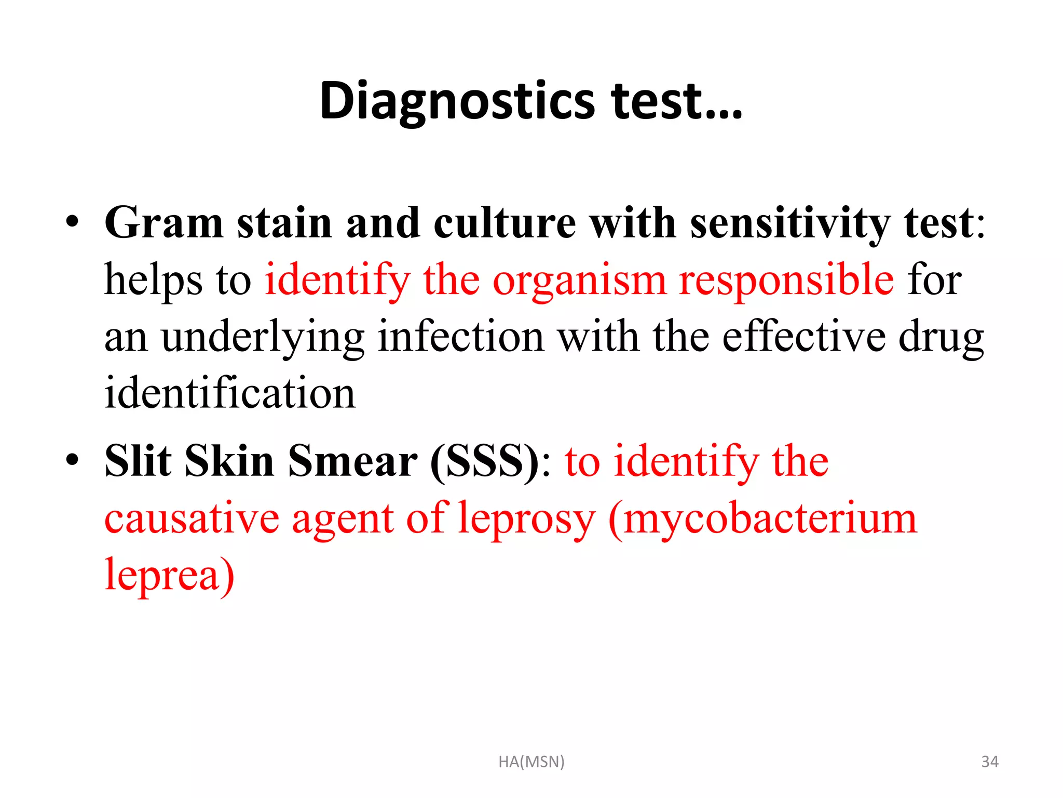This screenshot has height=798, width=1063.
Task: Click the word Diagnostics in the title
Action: point(457,101)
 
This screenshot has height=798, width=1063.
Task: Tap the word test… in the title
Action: point(677,101)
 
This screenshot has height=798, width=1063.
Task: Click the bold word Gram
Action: point(164,223)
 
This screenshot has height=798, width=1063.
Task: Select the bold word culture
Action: point(505,223)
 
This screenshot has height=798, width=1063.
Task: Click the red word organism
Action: point(579,281)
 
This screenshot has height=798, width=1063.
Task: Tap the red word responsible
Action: point(786,281)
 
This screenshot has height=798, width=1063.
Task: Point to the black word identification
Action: point(230,393)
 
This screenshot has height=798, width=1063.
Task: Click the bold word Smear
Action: point(352,461)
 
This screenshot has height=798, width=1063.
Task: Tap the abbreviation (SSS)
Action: point(485,462)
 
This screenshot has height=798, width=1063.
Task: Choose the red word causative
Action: point(192,518)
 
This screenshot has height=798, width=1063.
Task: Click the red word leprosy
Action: point(526,519)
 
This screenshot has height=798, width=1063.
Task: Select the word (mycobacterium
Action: point(762,519)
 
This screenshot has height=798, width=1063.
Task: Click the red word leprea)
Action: point(169,575)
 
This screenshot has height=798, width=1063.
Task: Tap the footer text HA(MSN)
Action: point(531,762)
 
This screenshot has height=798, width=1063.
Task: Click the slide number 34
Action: point(990,762)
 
